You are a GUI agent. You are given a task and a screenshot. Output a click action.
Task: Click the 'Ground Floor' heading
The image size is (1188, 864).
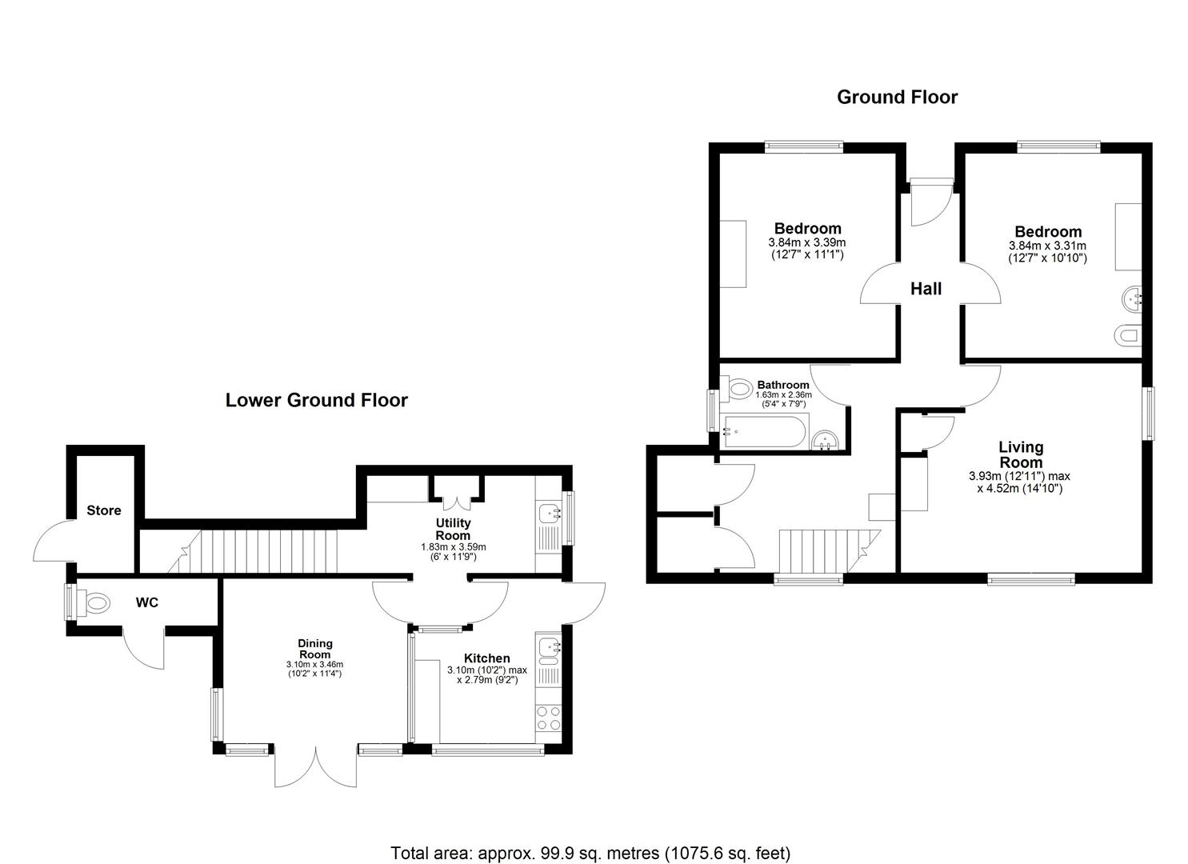pyautogui.click(x=897, y=98)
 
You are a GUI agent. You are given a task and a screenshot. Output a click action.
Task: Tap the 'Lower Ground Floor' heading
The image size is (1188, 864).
pyautogui.click(x=316, y=400)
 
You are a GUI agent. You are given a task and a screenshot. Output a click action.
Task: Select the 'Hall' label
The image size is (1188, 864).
pyautogui.click(x=926, y=289)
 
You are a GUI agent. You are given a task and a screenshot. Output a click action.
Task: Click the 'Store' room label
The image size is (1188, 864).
pyautogui.click(x=104, y=510)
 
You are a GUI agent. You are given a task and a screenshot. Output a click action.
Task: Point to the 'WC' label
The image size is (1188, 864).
pyautogui.click(x=147, y=602)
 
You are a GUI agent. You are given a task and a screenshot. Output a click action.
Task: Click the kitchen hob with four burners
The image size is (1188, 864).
pyautogui.click(x=549, y=718)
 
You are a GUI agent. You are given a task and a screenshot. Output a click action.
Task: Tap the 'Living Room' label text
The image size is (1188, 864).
pyautogui.click(x=1021, y=454)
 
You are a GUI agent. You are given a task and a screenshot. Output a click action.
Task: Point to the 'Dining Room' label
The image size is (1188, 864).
pyautogui.click(x=314, y=649)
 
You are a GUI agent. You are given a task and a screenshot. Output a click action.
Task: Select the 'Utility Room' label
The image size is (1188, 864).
pyautogui.click(x=453, y=529)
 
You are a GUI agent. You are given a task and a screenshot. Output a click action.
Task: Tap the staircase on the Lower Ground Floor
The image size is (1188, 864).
pyautogui.click(x=264, y=551)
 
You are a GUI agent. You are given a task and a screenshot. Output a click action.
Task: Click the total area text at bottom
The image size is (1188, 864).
pyautogui.click(x=590, y=853)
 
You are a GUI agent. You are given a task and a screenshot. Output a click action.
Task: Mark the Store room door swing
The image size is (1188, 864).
pyautogui.click(x=52, y=544)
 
